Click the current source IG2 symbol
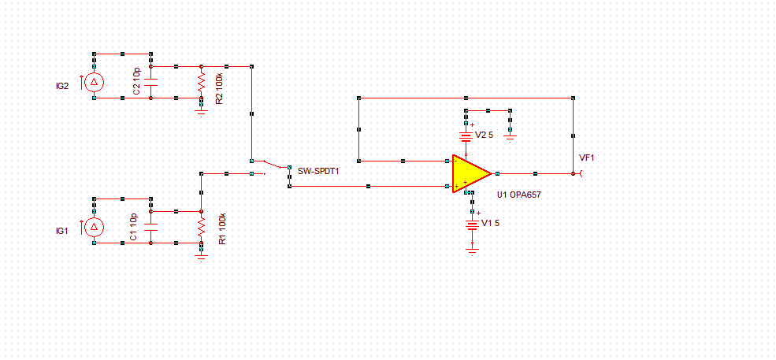pyautogui.click(x=95, y=82)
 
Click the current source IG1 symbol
pyautogui.click(x=95, y=227)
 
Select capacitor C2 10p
pyautogui.click(x=150, y=82)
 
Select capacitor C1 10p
pyautogui.click(x=150, y=227)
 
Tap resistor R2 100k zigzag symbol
pyautogui.click(x=202, y=82)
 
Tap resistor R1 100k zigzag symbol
pyautogui.click(x=202, y=227)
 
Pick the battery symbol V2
pyautogui.click(x=467, y=135)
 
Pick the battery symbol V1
pyautogui.click(x=472, y=224)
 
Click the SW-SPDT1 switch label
pyautogui.click(x=319, y=170)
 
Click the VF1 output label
pyautogui.click(x=587, y=158)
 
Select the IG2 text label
pyautogui.click(x=61, y=86)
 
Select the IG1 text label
pyautogui.click(x=62, y=231)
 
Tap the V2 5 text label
pyautogui.click(x=484, y=135)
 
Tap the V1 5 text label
pyautogui.click(x=490, y=224)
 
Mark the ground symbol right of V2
pyautogui.click(x=511, y=135)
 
